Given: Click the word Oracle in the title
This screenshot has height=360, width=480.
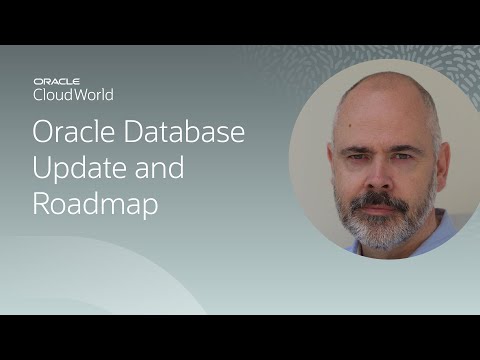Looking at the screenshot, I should (x=70, y=133).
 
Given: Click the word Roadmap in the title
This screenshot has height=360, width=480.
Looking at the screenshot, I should (x=95, y=203).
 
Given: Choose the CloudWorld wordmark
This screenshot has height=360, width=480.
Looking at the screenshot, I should (x=73, y=95).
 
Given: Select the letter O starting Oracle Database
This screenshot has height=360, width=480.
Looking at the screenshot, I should (x=43, y=133).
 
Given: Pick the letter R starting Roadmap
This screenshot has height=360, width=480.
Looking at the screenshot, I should (x=42, y=203).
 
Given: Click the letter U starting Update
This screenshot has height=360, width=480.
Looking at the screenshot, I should (x=42, y=167).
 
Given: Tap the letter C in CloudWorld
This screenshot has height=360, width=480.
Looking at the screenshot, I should (x=38, y=95).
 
